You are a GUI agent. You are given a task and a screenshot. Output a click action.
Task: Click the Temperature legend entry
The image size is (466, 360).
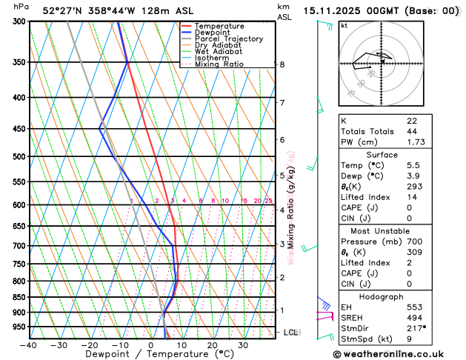coord(220,26)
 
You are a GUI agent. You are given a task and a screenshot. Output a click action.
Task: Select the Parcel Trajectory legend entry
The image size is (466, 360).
coord(229,39)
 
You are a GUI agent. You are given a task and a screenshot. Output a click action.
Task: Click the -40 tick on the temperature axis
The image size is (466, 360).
coord(29,345)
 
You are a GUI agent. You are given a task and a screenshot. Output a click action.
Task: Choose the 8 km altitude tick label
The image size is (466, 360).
coord(282,64)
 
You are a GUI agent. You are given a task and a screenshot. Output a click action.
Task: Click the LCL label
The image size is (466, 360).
coord(290,333)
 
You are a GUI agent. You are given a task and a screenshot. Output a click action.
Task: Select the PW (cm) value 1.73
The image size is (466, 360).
coord(416,141)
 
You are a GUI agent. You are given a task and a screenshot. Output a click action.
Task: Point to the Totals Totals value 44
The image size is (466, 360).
coord(412,131)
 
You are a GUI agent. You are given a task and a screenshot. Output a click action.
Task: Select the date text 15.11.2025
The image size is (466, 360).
coord(336,11)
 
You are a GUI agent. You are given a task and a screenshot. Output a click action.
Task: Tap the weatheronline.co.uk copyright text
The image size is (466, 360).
coord(398,354)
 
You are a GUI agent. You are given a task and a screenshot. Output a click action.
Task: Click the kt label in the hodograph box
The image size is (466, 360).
coord(344,25)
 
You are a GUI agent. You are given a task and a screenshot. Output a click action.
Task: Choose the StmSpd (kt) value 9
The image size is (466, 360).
coord(410,339)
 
